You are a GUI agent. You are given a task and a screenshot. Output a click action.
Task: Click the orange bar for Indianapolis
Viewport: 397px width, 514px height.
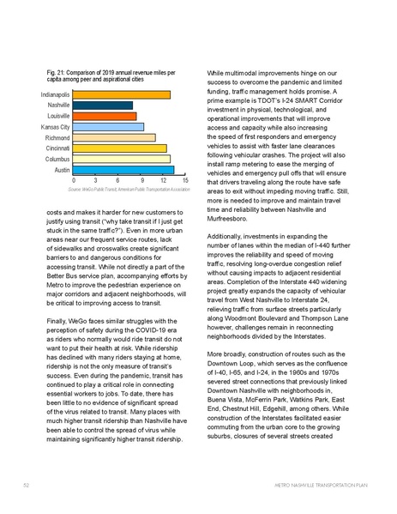coord(121,94)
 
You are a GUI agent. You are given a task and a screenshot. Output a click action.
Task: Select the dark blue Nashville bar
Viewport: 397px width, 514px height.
coord(102,106)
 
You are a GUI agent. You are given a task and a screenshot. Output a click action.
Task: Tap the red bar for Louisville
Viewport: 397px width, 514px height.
coord(104,116)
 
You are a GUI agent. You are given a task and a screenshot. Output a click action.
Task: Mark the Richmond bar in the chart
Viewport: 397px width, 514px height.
coord(113,137)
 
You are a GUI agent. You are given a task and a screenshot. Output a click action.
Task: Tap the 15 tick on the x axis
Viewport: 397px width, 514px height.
coord(185,181)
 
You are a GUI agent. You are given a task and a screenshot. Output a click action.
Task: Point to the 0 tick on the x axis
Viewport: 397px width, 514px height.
coord(73,181)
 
